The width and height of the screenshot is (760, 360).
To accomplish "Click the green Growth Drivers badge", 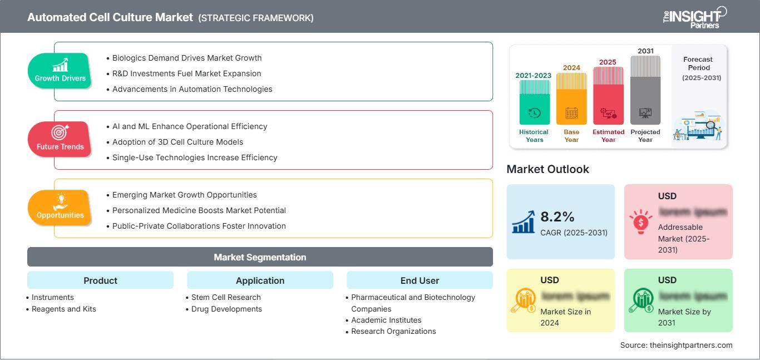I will [x=60, y=71].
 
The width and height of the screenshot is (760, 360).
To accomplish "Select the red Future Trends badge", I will [x=60, y=140].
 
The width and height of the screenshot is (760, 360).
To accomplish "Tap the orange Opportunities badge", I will [x=60, y=208].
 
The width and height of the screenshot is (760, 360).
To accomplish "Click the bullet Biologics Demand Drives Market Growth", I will [x=186, y=58].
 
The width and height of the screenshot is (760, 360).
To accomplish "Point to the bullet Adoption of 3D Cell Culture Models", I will [x=177, y=142].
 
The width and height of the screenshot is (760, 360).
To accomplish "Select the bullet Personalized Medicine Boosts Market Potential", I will [x=199, y=210].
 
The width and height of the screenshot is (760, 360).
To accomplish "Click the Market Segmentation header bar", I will [x=260, y=257].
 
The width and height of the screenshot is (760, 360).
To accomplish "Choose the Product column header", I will [x=100, y=280].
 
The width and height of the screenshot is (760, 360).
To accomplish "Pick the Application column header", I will [x=260, y=280].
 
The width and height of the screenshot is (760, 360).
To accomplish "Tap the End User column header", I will [x=420, y=280].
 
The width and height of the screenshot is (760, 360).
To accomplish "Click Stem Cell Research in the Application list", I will [x=226, y=297].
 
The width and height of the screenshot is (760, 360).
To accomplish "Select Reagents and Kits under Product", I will [x=63, y=309].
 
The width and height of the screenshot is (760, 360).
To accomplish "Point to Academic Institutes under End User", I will [x=386, y=320].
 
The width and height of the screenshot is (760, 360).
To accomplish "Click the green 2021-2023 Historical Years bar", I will [x=534, y=103].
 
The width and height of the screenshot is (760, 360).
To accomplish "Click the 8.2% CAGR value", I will [x=557, y=216].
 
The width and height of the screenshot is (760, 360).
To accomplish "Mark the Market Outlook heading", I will [x=547, y=169].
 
